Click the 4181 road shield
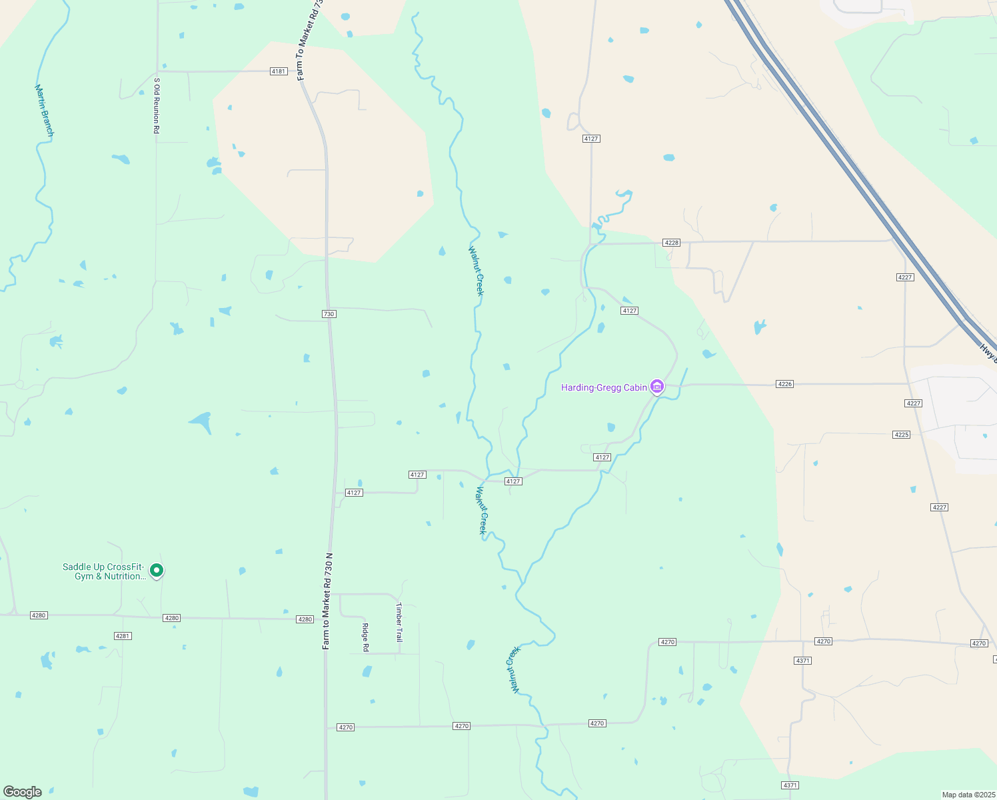pyautogui.click(x=279, y=71)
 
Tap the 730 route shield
pyautogui.click(x=329, y=314)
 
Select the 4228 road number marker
pyautogui.click(x=671, y=243)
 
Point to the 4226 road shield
pyautogui.click(x=785, y=384)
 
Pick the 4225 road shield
pyautogui.click(x=901, y=435)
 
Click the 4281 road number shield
pyautogui.click(x=123, y=636)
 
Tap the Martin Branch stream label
pyautogui.click(x=44, y=111)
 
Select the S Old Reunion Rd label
pyautogui.click(x=157, y=105)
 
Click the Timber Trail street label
pyautogui.click(x=399, y=622)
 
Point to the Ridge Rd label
pyautogui.click(x=365, y=637)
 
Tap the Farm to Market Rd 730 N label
pyautogui.click(x=327, y=601)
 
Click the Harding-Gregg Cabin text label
pyautogui.click(x=604, y=387)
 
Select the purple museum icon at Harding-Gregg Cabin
pyautogui.click(x=657, y=387)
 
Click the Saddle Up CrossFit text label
pyautogui.click(x=103, y=571)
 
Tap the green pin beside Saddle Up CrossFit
pyautogui.click(x=157, y=571)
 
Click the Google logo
pyautogui.click(x=23, y=792)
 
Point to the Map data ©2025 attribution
pyautogui.click(x=968, y=795)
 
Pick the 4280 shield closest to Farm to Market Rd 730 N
pyautogui.click(x=305, y=619)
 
